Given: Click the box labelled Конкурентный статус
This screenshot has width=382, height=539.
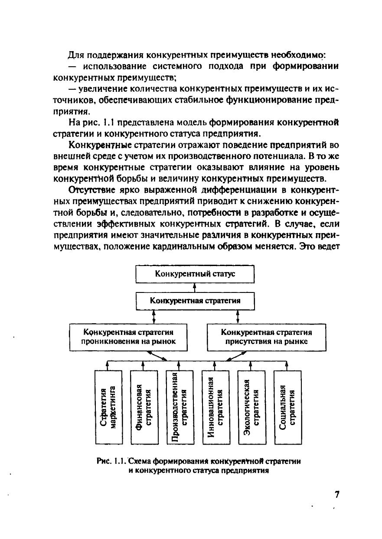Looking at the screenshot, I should click(x=195, y=274).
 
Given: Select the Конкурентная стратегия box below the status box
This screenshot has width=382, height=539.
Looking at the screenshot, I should click(x=195, y=301).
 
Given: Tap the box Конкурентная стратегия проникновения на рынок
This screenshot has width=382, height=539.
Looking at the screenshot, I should click(x=128, y=337).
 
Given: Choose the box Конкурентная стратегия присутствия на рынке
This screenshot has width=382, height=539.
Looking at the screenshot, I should click(x=266, y=337).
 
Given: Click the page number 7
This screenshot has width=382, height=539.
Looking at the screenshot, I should click(x=337, y=495).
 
